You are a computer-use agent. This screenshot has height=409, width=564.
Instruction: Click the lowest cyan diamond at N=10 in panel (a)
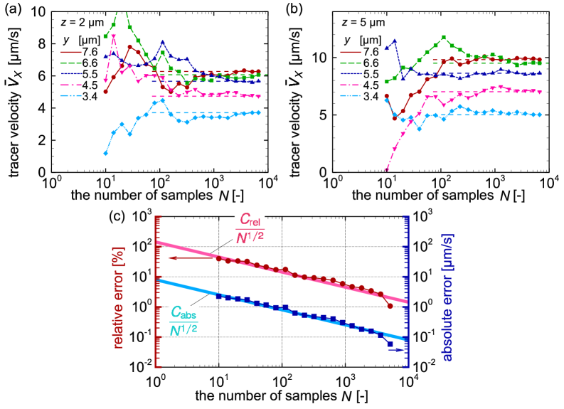click(x=106, y=153)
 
